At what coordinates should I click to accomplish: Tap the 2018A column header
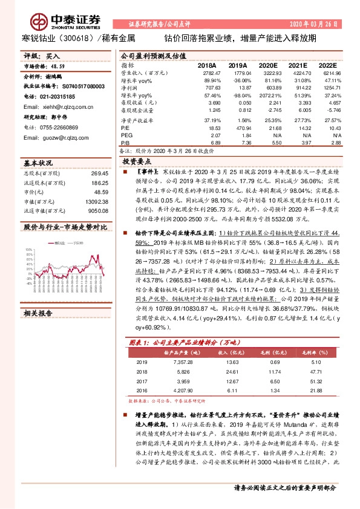(207, 65)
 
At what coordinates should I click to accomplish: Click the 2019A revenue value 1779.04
(238, 72)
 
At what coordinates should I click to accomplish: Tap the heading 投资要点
(136, 163)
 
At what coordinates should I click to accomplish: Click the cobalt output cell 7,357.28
(183, 363)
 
